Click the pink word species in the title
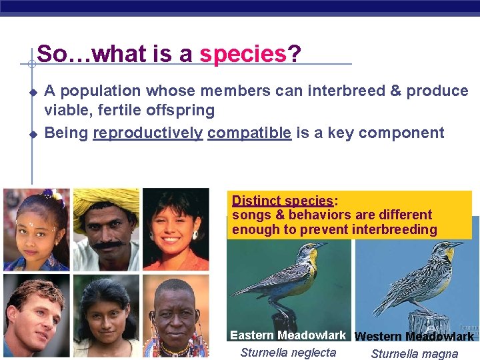[x=243, y=53]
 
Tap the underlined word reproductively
[x=147, y=133]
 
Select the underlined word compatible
[x=249, y=133]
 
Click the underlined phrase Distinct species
[x=283, y=201]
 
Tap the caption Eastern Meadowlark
[x=288, y=335]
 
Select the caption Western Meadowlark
[x=414, y=337]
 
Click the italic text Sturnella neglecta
[x=288, y=353]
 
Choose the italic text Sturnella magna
[x=414, y=354]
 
